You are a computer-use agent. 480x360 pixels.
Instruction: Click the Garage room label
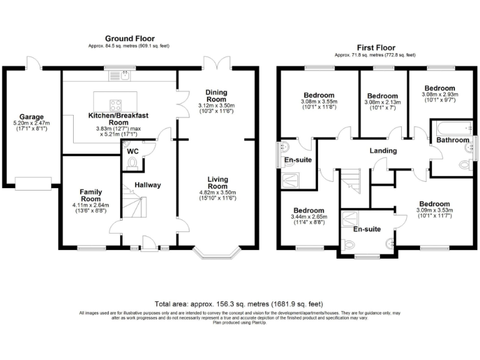[x=31, y=116]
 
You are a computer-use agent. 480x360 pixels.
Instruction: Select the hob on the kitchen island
[x=116, y=104]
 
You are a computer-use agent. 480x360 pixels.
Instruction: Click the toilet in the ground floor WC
[x=132, y=163]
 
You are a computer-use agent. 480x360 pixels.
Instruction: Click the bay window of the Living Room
[x=216, y=253]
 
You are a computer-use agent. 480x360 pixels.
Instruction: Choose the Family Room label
[x=91, y=196]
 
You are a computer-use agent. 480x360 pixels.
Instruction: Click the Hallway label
[x=148, y=185]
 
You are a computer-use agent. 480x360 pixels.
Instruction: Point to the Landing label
[x=383, y=151]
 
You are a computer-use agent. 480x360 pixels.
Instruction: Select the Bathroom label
[x=452, y=140]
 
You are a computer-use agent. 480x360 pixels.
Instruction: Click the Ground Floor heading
[x=129, y=39]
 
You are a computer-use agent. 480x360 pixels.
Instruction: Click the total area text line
[x=239, y=303]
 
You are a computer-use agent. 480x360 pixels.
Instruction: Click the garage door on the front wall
[x=33, y=183]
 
